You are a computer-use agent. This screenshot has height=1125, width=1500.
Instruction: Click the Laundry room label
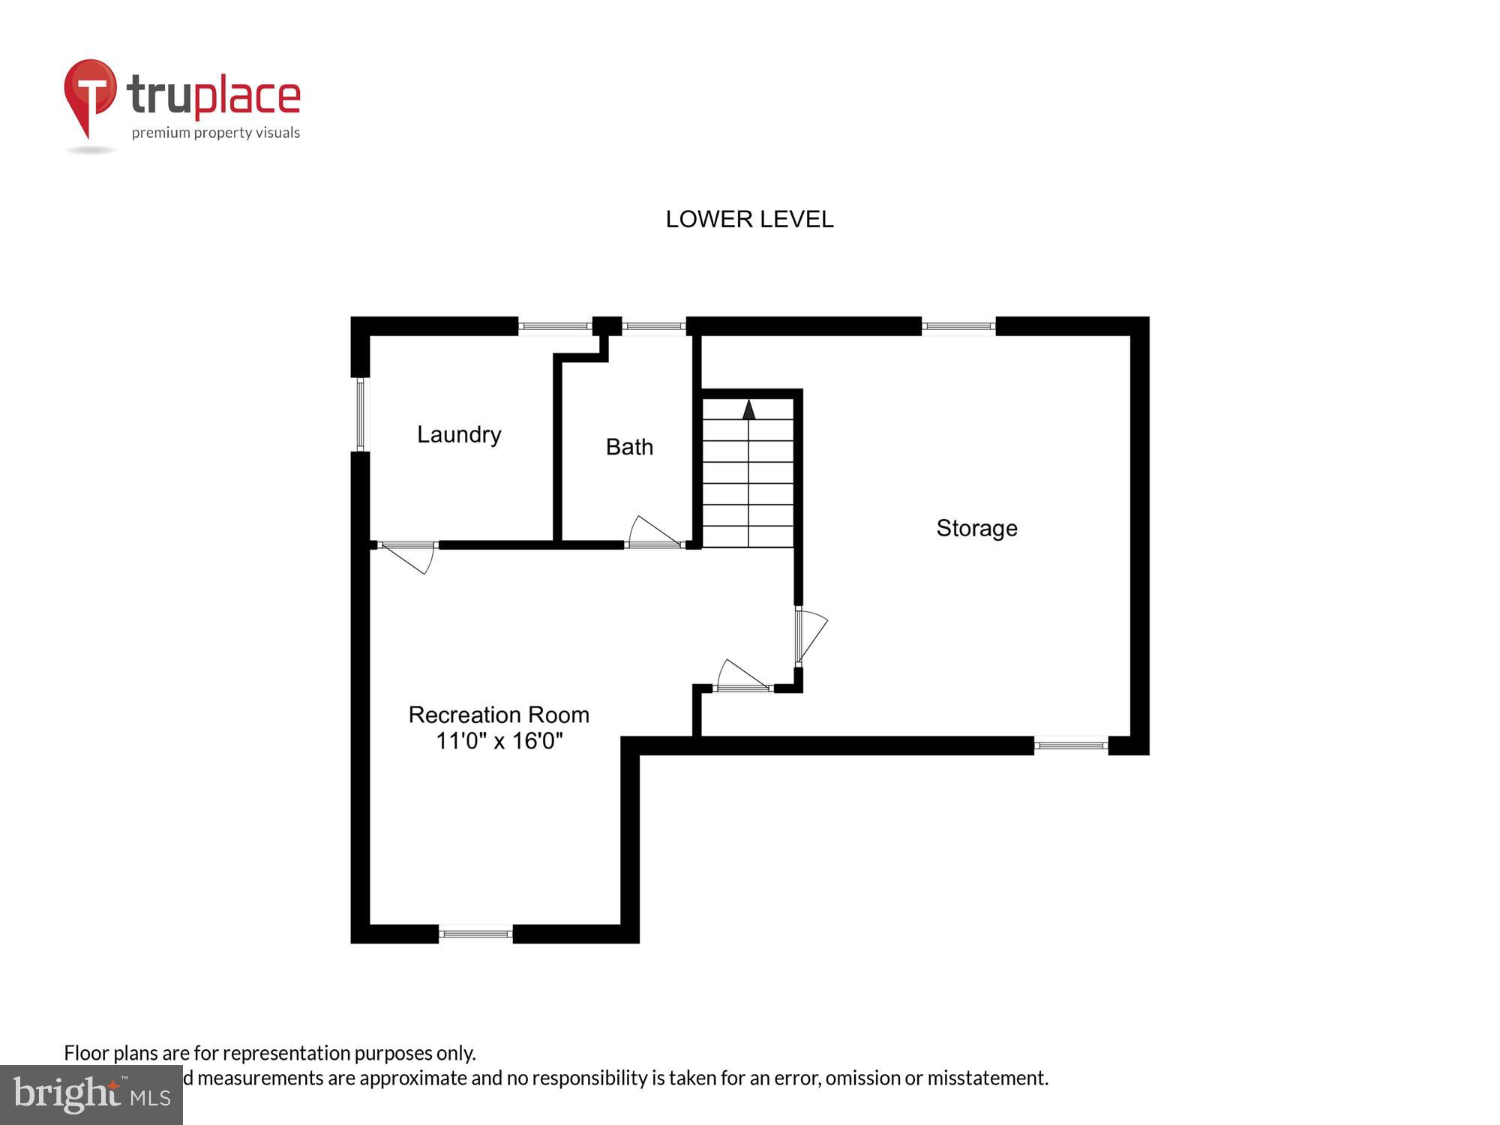click(459, 434)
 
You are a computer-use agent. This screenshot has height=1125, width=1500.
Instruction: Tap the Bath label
click(629, 447)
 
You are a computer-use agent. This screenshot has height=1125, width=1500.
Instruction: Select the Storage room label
click(976, 528)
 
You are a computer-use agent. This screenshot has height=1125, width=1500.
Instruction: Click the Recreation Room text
click(499, 715)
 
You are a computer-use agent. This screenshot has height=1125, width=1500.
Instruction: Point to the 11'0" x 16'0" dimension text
click(499, 741)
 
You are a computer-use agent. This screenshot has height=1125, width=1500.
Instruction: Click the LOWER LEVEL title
click(749, 219)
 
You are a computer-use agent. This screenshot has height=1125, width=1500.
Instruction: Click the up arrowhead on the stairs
click(748, 409)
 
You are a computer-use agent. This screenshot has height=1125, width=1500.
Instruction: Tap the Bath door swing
click(652, 532)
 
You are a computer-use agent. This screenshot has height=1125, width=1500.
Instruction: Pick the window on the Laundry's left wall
click(360, 414)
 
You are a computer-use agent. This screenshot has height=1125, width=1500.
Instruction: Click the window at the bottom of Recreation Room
click(475, 934)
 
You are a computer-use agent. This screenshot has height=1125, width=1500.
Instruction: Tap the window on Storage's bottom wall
click(1071, 745)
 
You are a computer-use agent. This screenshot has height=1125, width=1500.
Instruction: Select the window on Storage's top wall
click(958, 326)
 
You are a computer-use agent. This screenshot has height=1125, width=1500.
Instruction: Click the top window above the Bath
click(653, 326)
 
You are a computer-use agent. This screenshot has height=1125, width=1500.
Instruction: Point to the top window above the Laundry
click(555, 326)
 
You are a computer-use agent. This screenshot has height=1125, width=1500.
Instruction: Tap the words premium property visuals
click(216, 133)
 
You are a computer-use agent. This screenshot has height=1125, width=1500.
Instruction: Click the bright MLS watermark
click(91, 1095)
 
